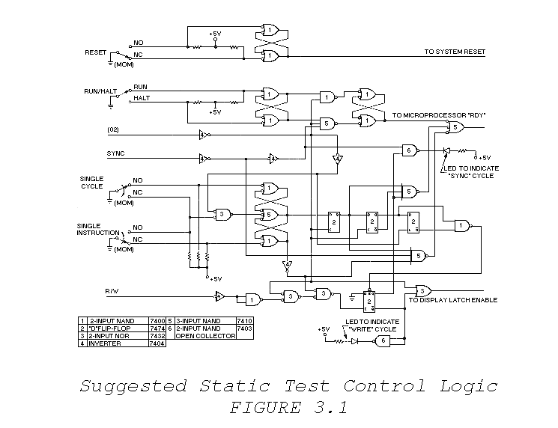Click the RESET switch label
point(97,54)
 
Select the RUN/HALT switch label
point(101,91)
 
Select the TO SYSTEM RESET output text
point(454,52)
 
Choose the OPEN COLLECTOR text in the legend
point(204,335)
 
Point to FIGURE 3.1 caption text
point(288,409)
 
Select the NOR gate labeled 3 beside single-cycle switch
point(222,214)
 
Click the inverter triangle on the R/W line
point(219,296)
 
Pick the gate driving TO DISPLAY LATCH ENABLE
point(423,290)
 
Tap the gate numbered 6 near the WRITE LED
point(382,340)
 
